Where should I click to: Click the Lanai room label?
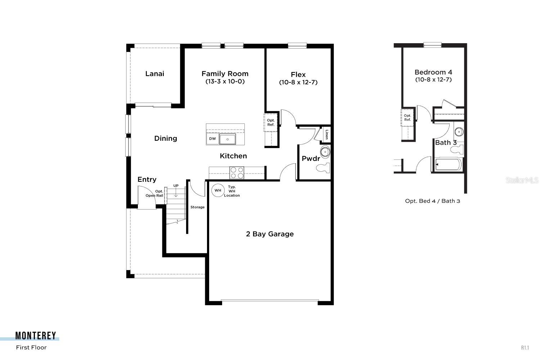(x=155, y=74)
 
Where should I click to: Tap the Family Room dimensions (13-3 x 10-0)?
(x=225, y=82)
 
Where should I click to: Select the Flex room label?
(x=298, y=75)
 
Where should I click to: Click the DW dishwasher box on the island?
(x=212, y=139)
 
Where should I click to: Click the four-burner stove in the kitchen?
(x=237, y=173)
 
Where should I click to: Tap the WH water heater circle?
(x=218, y=190)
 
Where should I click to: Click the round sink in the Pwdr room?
(x=325, y=153)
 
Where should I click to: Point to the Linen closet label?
(x=327, y=135)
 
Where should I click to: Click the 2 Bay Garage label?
(x=270, y=234)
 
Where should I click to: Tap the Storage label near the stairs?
(x=197, y=207)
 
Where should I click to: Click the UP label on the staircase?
(x=176, y=186)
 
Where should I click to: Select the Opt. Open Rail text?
(x=154, y=194)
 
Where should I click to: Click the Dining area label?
(x=166, y=138)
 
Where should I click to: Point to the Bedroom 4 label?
(x=433, y=72)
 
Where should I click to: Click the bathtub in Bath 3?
(x=448, y=165)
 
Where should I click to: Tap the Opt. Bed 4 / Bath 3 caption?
(x=432, y=201)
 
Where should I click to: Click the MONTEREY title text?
(x=36, y=336)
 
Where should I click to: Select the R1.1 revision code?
(x=525, y=348)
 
